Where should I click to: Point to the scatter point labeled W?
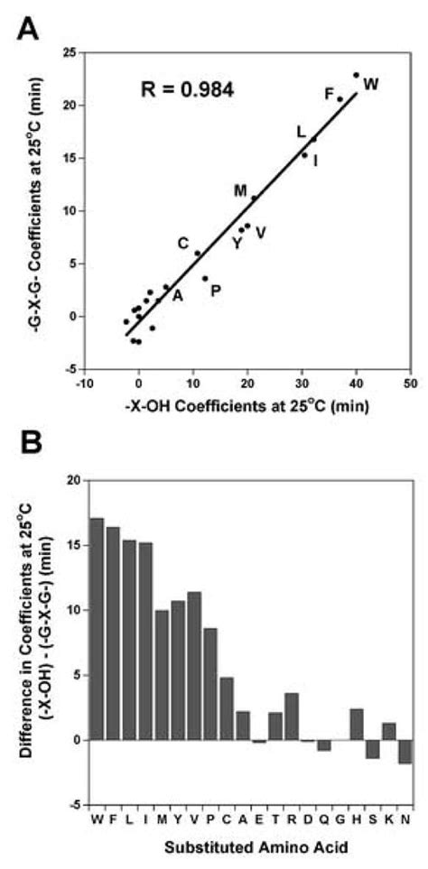click(x=356, y=75)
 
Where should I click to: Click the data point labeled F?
click(x=340, y=99)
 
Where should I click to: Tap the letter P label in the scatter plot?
click(x=215, y=290)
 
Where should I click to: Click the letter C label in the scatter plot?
click(x=182, y=243)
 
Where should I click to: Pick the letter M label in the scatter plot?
click(x=240, y=190)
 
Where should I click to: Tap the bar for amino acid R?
click(x=292, y=716)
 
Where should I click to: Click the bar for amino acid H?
click(x=357, y=724)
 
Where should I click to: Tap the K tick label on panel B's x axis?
click(x=389, y=818)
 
